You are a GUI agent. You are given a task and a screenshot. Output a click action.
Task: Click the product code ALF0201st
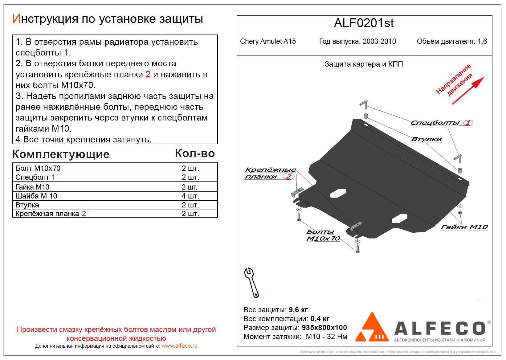coord(364,23)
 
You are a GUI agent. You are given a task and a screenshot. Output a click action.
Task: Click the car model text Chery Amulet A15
coord(267,41)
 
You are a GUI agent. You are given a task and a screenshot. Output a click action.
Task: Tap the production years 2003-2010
coord(379,41)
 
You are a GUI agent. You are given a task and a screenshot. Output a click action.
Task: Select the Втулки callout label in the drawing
coord(426,139)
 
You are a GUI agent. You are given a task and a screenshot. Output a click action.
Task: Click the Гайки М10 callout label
coord(464,227)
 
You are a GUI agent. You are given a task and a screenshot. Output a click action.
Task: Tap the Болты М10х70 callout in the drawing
coord(322,235)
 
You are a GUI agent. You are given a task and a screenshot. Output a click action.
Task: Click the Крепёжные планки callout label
coord(270,173)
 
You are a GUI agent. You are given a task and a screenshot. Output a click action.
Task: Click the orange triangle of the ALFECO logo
coord(372,328)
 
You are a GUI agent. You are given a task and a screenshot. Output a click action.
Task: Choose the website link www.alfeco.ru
coord(179,346)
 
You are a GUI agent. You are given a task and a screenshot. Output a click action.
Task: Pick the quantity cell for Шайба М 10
coord(190,196)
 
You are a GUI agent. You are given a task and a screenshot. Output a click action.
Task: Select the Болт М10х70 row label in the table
coord(38,168)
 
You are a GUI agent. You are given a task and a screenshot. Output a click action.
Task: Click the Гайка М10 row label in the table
coord(32,187)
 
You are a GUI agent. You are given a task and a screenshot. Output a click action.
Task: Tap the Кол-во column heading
coord(195,153)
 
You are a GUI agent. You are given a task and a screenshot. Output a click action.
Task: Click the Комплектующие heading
coord(61,154)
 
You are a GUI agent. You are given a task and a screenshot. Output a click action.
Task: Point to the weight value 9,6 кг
coord(298,310)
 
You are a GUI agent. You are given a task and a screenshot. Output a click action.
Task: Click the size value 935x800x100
coord(324,328)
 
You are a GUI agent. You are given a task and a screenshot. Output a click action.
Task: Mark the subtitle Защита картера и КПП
coord(364,64)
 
